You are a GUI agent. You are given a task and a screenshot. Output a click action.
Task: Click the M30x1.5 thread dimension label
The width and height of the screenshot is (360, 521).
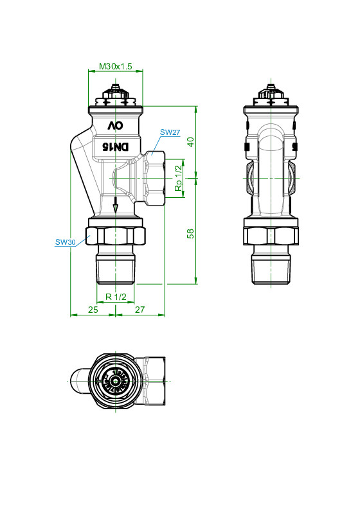point(115,66)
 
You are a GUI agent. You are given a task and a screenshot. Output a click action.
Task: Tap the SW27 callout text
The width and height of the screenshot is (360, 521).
point(170,132)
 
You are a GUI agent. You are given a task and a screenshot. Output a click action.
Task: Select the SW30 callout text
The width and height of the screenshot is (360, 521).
point(66,242)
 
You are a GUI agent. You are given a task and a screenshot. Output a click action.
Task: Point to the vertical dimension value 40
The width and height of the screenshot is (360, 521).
point(190,142)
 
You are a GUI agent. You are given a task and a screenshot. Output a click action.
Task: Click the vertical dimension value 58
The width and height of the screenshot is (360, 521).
point(190,234)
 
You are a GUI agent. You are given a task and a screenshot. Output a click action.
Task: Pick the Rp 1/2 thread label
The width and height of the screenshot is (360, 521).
point(179,179)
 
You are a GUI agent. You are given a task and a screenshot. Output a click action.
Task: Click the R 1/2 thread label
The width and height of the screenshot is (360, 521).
point(116,297)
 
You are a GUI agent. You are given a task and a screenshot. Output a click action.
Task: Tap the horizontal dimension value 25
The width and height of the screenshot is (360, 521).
point(93,310)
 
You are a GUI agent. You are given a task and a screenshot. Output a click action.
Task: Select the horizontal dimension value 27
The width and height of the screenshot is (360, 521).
point(140,310)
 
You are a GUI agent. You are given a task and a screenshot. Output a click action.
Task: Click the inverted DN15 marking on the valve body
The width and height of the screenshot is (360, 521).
point(115,146)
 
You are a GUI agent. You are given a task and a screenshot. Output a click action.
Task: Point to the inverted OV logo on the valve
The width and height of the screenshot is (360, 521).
point(115,125)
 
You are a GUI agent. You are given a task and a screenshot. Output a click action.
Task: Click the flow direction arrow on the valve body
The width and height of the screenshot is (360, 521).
point(115,205)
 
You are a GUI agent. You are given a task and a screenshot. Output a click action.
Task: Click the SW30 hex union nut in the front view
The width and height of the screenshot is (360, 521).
point(116,236)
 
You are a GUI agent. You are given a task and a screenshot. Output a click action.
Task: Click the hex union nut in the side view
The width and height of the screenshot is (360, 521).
point(271,236)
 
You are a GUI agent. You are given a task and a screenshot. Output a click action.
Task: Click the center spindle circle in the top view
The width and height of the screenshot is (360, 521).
point(116,381)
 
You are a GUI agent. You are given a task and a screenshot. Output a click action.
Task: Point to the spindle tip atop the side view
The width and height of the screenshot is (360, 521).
point(271,87)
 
